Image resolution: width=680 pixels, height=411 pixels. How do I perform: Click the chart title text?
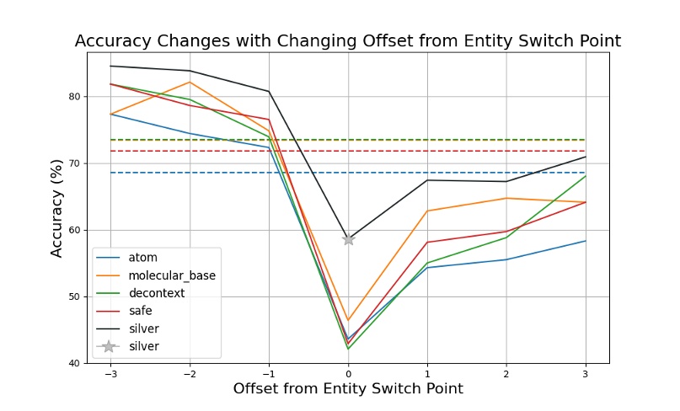click(x=347, y=40)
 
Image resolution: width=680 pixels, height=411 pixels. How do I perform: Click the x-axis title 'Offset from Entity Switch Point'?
click(x=347, y=389)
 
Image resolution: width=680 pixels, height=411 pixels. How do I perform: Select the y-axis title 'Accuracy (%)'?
click(x=57, y=200)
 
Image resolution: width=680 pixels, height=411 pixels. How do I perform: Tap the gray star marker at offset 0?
click(x=348, y=239)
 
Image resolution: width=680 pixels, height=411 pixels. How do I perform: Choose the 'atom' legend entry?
click(x=142, y=258)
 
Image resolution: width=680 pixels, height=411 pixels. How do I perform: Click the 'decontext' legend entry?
click(x=155, y=293)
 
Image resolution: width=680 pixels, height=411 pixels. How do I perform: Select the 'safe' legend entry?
click(x=141, y=311)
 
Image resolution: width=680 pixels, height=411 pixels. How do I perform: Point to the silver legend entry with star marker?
click(x=143, y=346)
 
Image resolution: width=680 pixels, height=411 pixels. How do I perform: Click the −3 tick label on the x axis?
click(x=110, y=374)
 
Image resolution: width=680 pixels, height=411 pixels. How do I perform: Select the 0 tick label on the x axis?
click(x=348, y=374)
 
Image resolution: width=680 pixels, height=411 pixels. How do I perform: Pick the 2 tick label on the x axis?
click(x=506, y=374)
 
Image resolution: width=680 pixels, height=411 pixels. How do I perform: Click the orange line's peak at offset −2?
click(x=190, y=82)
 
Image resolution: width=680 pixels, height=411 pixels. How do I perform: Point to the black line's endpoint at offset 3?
click(x=586, y=157)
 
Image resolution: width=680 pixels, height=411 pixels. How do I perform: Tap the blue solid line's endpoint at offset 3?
click(x=586, y=241)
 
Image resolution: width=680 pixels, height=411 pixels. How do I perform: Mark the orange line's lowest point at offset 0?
click(x=348, y=321)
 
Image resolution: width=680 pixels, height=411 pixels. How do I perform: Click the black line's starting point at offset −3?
click(x=110, y=66)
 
